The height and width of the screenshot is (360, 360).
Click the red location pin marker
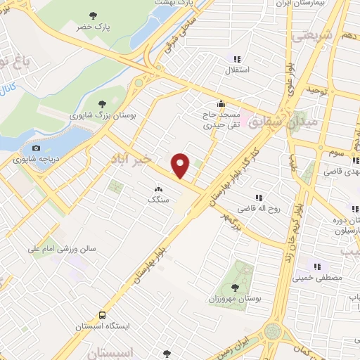181,165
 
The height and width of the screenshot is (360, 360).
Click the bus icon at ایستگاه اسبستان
103,316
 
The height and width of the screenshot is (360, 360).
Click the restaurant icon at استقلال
238,59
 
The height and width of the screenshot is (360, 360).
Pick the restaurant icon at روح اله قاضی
259,198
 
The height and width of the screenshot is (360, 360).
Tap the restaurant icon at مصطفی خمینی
317,266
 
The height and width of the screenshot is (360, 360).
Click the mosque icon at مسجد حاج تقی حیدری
222,103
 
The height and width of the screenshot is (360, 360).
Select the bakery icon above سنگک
158,189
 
